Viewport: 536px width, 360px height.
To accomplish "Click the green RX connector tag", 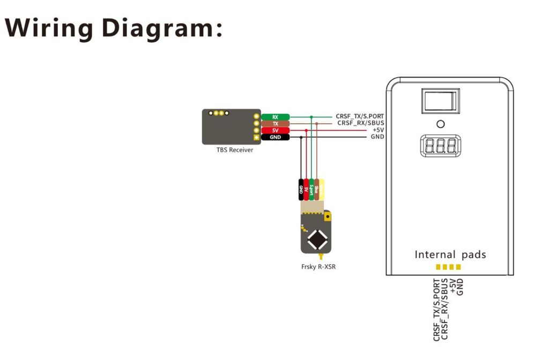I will point(275,116).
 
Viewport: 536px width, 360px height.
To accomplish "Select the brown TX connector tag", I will point(275,123).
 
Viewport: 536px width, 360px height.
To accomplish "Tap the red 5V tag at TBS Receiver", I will point(275,130).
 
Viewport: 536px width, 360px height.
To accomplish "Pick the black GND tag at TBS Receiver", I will point(275,137).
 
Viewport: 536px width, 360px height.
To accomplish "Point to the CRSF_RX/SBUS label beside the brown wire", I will point(361,123).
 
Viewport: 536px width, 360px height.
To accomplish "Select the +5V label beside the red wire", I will point(377,130).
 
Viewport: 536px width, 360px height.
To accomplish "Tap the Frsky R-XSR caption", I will point(315,266).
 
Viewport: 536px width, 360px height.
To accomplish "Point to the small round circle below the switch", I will point(441,124).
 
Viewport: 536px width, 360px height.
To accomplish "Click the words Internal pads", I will point(450,254).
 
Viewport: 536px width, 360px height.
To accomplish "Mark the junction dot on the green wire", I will point(311,116).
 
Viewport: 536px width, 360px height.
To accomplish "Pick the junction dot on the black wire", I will point(301,137).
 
